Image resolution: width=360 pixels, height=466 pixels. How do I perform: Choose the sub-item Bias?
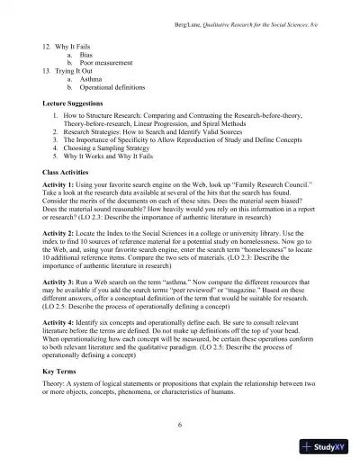85,52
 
